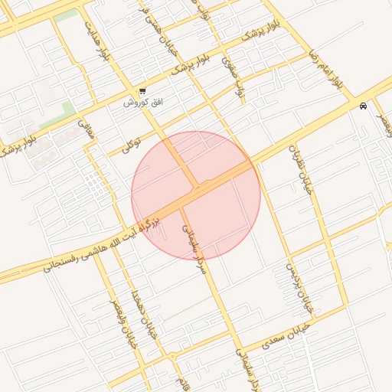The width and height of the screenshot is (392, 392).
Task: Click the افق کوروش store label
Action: click(x=136, y=102)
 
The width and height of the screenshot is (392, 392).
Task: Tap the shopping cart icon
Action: click(x=142, y=91)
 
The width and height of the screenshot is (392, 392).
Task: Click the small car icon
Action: click(x=362, y=106)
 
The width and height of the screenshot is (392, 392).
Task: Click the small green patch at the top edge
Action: click(x=66, y=15)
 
